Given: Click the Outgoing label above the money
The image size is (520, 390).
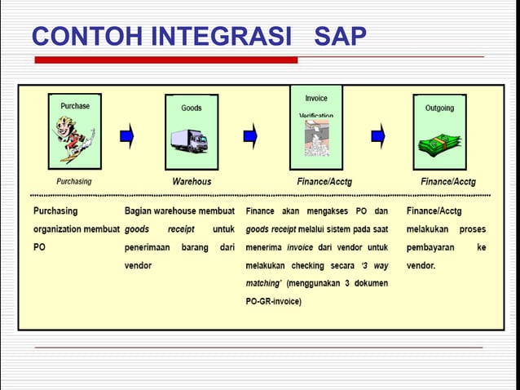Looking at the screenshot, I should (x=439, y=108).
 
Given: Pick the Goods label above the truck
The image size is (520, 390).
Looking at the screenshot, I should (x=191, y=108).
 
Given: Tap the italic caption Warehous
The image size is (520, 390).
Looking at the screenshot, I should (x=192, y=181).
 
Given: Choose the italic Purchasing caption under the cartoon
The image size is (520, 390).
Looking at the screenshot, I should (x=73, y=181).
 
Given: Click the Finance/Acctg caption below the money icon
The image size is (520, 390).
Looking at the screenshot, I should (x=447, y=181).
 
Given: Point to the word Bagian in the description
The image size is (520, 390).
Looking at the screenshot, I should (x=140, y=211).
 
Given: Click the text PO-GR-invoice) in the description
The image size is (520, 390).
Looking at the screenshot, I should (x=274, y=301).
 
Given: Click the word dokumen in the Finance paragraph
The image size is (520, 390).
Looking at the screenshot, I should (x=368, y=283).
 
